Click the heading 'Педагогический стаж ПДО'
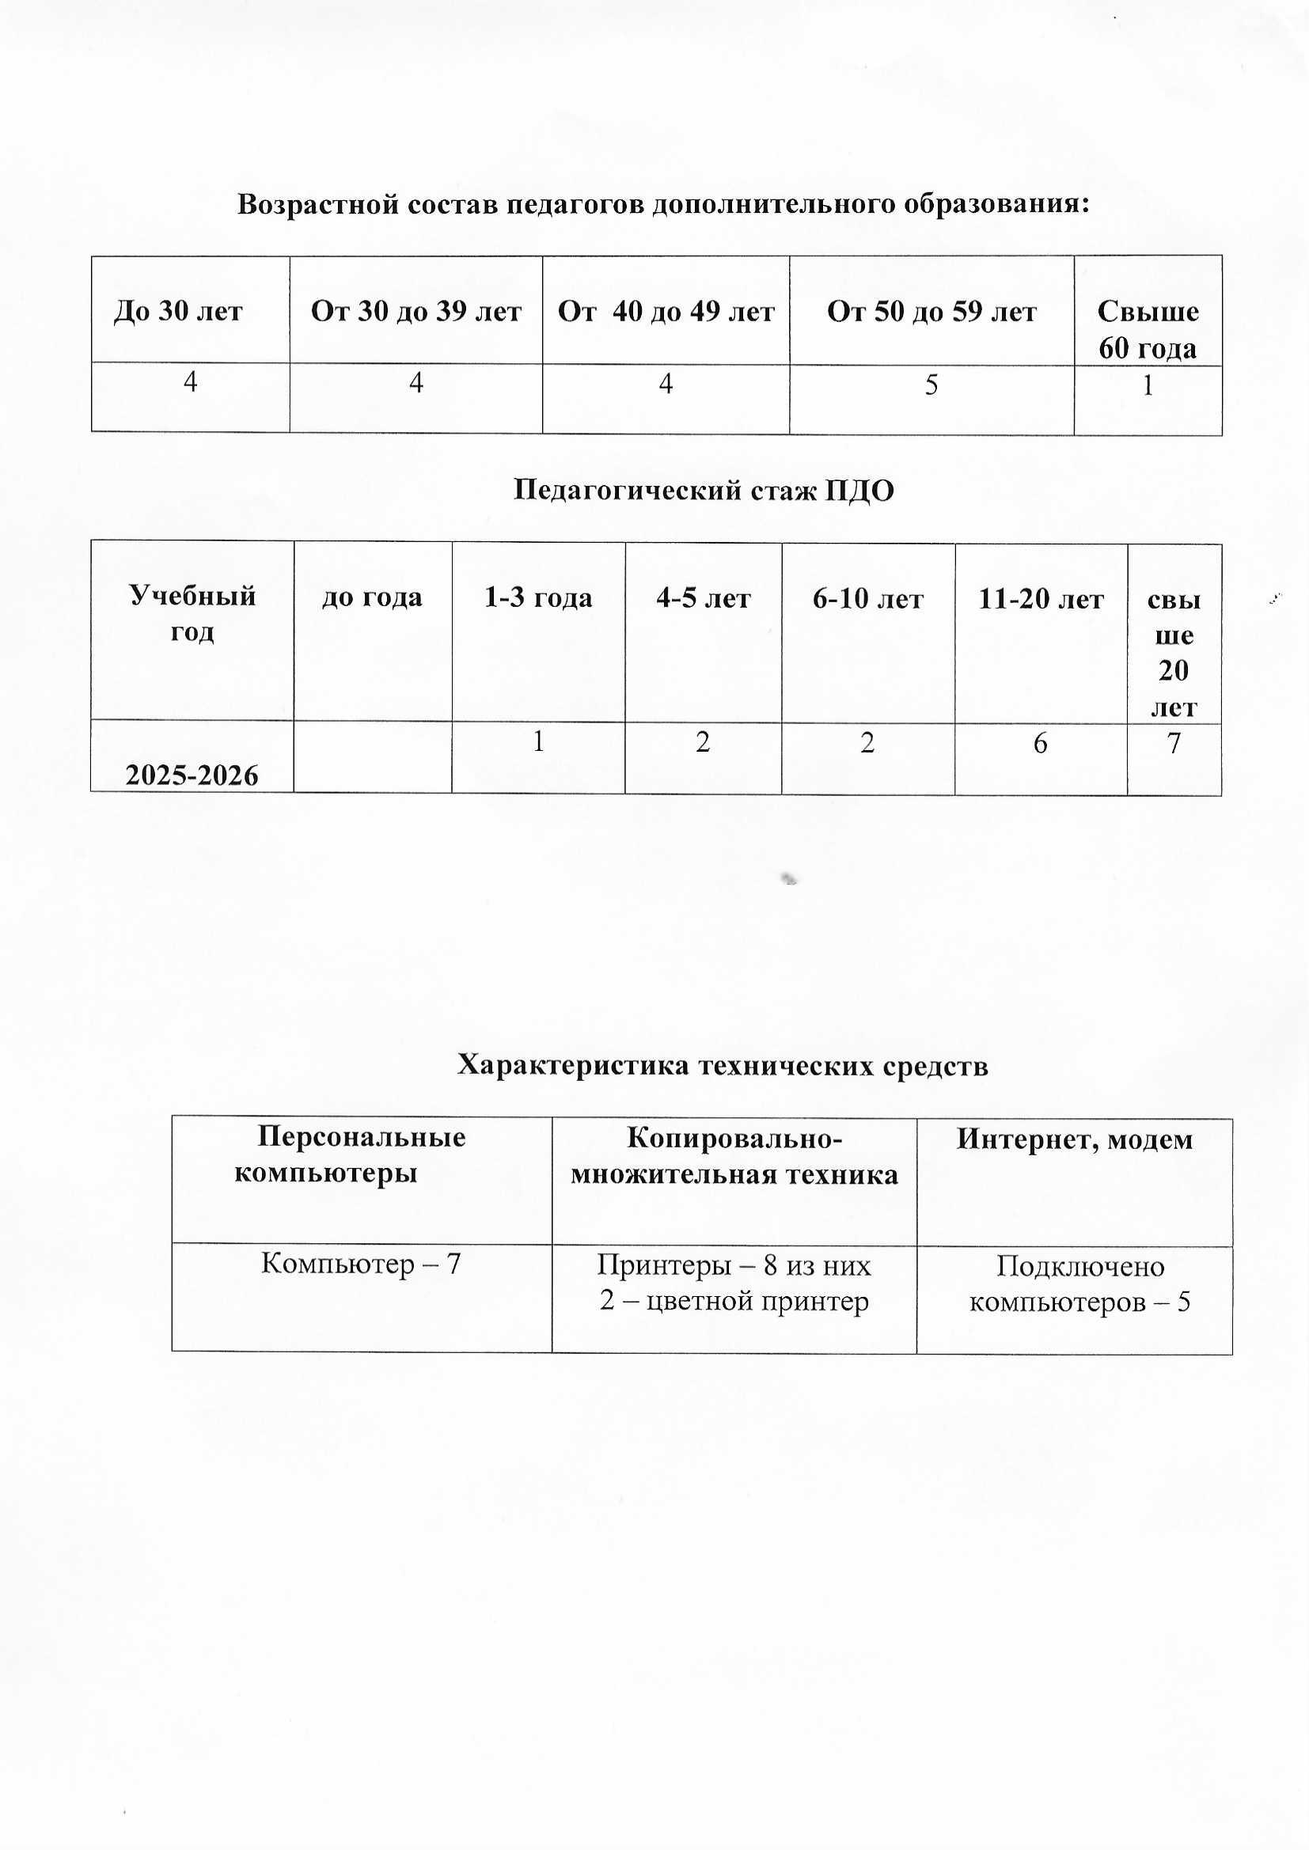[x=703, y=490]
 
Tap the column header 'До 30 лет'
[x=178, y=311]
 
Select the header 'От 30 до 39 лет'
[x=416, y=311]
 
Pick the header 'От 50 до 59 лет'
[x=931, y=311]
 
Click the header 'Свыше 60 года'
[x=1147, y=329]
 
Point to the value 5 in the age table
[x=931, y=385]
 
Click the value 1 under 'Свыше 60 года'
[x=1148, y=386]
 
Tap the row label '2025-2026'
[x=192, y=775]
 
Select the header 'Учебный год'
[x=192, y=612]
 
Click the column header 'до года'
[x=372, y=597]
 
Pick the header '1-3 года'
[x=537, y=597]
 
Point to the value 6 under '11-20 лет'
[x=1040, y=743]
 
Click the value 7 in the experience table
[x=1174, y=743]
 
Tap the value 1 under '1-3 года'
[x=537, y=741]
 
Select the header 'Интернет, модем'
[x=1075, y=1139]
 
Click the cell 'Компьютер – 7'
[x=360, y=1264]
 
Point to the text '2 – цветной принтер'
[x=734, y=1301]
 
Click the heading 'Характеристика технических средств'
[x=723, y=1065]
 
